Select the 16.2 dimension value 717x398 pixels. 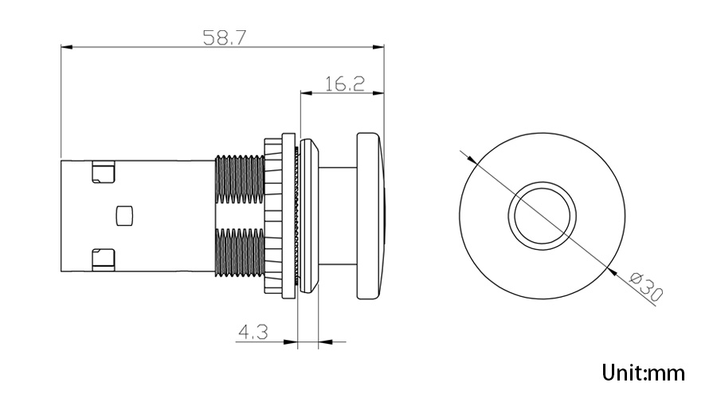[x=344, y=83]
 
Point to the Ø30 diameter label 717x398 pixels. [x=646, y=287]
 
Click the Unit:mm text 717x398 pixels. [x=643, y=372]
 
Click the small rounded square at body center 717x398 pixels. [x=123, y=215]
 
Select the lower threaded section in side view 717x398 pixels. [x=239, y=253]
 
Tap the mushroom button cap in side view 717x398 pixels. [x=370, y=216]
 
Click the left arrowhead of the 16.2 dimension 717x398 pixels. [x=305, y=93]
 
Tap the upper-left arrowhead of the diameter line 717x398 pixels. [x=469, y=158]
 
